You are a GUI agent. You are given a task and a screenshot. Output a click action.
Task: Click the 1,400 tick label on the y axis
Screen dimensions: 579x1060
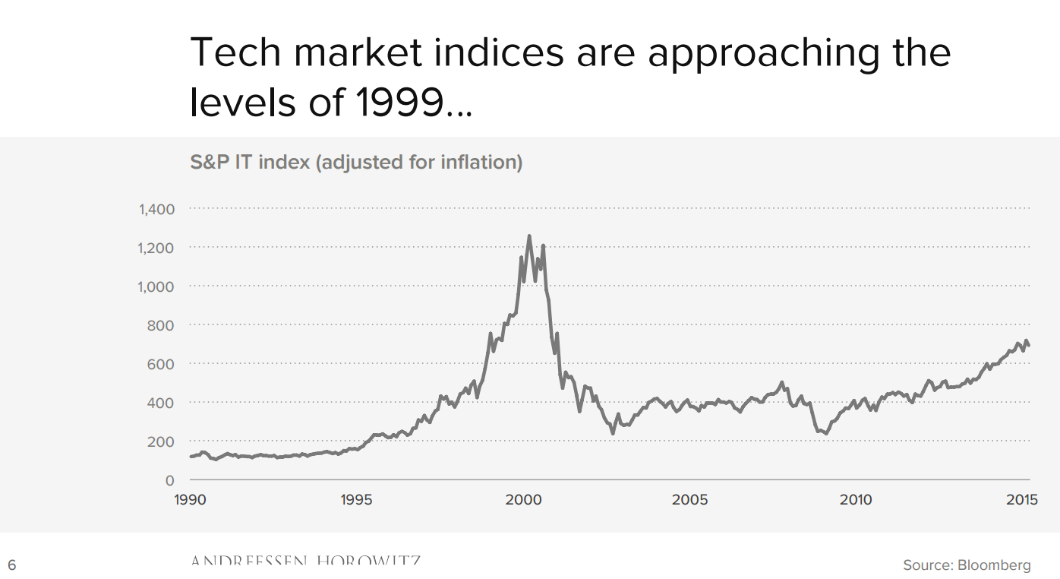coord(156,209)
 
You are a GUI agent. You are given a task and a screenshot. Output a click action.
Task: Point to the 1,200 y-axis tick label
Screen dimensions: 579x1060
coord(156,248)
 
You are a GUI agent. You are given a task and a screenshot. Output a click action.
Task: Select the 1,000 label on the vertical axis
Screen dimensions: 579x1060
coord(156,286)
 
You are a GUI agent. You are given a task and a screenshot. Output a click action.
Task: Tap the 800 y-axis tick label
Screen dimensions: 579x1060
coord(161,325)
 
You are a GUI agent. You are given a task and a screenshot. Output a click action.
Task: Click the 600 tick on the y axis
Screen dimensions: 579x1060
coord(161,364)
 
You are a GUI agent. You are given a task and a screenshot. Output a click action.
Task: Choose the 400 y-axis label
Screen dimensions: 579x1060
coord(161,403)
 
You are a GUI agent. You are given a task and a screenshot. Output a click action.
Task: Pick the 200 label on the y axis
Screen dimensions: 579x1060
coord(161,441)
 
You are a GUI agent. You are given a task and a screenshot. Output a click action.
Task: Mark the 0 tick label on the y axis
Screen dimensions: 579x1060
coord(169,480)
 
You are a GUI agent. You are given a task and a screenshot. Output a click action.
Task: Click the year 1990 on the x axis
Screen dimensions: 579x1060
coord(191,499)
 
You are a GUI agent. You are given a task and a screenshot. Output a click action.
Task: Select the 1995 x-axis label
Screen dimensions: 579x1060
coord(357,499)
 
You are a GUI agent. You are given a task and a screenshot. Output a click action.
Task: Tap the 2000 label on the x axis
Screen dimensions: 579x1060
coord(523,499)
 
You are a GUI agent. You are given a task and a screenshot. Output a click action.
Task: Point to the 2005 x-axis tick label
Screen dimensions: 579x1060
coord(689,499)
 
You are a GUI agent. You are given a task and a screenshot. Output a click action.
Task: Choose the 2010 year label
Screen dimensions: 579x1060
coord(856,499)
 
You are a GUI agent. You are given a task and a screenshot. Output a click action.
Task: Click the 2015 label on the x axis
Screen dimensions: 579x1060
coord(1022,499)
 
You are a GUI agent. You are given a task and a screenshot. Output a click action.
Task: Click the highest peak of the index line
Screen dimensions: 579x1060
coord(529,236)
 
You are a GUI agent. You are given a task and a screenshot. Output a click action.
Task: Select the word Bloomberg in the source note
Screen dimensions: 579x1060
coord(994,565)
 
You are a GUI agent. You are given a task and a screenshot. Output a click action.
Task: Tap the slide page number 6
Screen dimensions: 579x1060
coord(11,565)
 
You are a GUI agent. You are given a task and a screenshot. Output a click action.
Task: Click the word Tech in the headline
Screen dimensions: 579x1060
coord(235,52)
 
